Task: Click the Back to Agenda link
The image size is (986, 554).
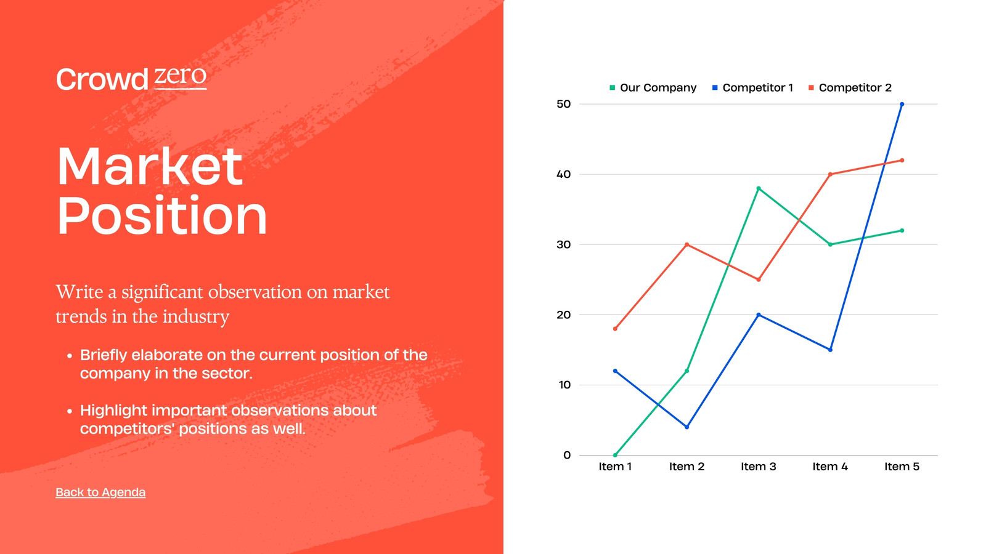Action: coord(100,492)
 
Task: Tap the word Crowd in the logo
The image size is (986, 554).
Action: coord(102,79)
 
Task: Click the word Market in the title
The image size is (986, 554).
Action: coord(150,166)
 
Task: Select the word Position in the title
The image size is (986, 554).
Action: coord(162,215)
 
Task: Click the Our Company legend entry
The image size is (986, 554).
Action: coord(653,87)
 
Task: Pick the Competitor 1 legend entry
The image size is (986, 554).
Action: coord(752,87)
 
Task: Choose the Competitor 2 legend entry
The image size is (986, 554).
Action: coord(850,87)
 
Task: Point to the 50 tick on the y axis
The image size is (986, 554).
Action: coord(563,104)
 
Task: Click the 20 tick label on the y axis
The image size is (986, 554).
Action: coord(563,315)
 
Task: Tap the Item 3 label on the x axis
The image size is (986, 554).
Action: coord(759,467)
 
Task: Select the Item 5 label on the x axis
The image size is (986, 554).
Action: coord(902,467)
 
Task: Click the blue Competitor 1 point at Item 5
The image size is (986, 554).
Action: coord(902,104)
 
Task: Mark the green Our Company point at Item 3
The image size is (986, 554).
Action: coord(759,188)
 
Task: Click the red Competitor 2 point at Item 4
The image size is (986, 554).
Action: coord(830,174)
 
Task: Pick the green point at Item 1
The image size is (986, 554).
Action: coord(615,455)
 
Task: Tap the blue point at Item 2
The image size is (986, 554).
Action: coord(687,427)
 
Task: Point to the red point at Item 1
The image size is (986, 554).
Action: coord(615,329)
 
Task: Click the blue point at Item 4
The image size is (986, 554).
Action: coord(830,350)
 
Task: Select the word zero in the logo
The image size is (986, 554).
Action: coord(180,76)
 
